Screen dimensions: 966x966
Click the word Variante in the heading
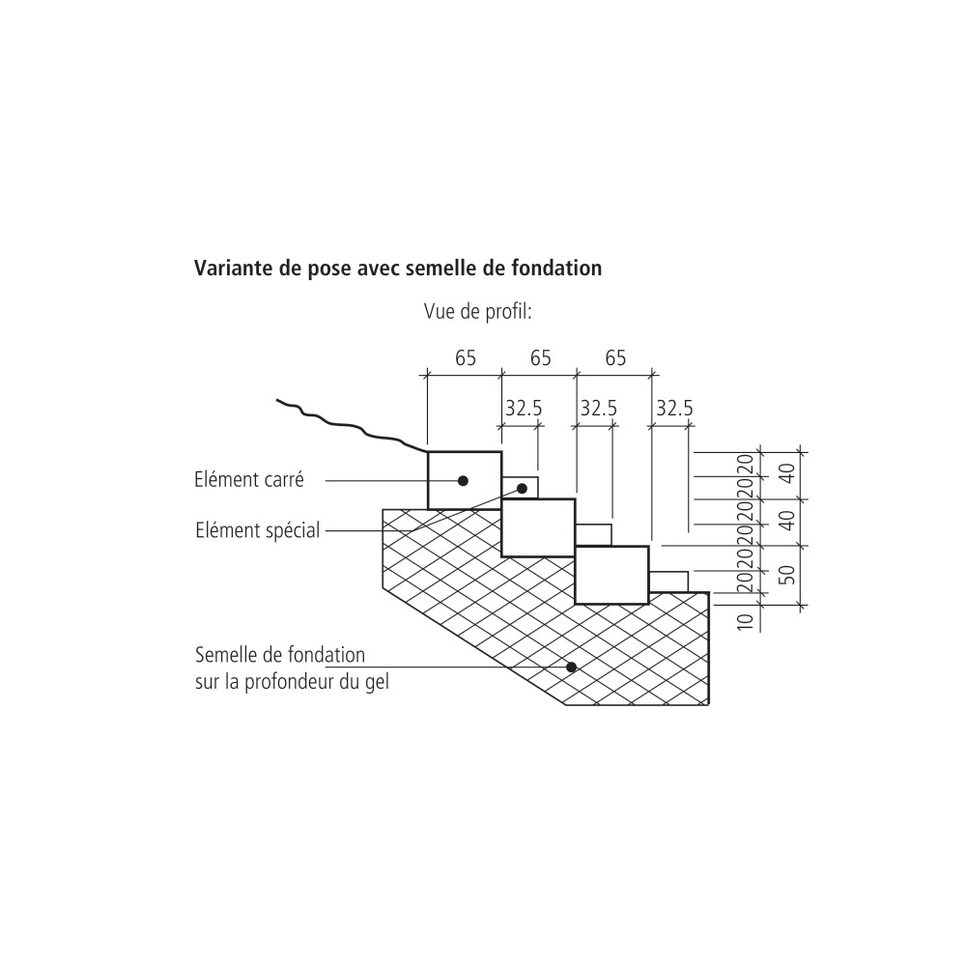tap(233, 268)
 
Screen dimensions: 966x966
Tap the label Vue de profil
tap(478, 312)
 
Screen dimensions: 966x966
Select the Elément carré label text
tap(249, 477)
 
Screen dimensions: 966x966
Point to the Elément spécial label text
tap(257, 529)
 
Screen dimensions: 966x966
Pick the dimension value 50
tap(787, 574)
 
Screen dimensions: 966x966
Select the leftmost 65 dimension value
tap(465, 358)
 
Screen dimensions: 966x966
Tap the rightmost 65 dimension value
tap(615, 358)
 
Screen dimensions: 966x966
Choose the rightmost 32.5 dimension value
tap(674, 409)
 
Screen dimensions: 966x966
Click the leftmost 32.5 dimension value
tap(523, 409)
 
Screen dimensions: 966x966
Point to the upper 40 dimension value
tap(787, 474)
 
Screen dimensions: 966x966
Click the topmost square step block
tap(465, 480)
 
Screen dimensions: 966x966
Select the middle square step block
tap(538, 527)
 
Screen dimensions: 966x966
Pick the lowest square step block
tap(611, 575)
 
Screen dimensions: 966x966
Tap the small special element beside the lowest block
tap(668, 581)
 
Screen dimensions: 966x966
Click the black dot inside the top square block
tap(464, 480)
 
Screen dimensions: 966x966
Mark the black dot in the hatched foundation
tap(572, 667)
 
